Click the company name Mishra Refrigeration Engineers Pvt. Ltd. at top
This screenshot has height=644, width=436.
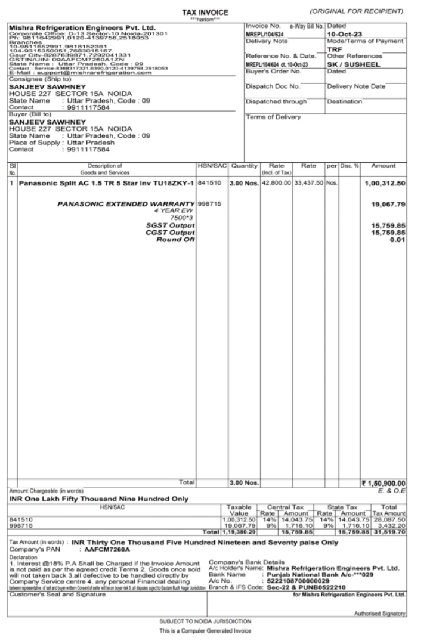82,27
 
